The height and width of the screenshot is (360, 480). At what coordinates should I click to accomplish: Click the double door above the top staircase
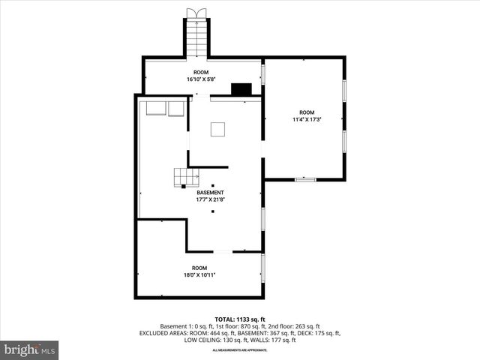[197, 13]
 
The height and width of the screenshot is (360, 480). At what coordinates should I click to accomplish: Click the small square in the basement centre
[218, 129]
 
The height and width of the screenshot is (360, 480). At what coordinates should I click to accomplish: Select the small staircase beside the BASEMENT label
[186, 177]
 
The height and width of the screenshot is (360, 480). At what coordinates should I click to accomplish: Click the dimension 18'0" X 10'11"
[199, 275]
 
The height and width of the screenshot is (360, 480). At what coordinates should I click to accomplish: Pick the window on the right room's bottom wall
[304, 179]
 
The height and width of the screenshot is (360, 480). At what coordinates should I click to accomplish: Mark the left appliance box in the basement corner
[156, 109]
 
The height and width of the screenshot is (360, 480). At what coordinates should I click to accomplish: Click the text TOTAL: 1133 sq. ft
[239, 319]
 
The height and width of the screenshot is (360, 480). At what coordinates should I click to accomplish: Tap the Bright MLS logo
[30, 349]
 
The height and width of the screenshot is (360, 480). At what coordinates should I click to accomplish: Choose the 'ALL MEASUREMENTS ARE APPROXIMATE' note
[239, 350]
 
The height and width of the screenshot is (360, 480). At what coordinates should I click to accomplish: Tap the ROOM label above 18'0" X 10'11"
[199, 268]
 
